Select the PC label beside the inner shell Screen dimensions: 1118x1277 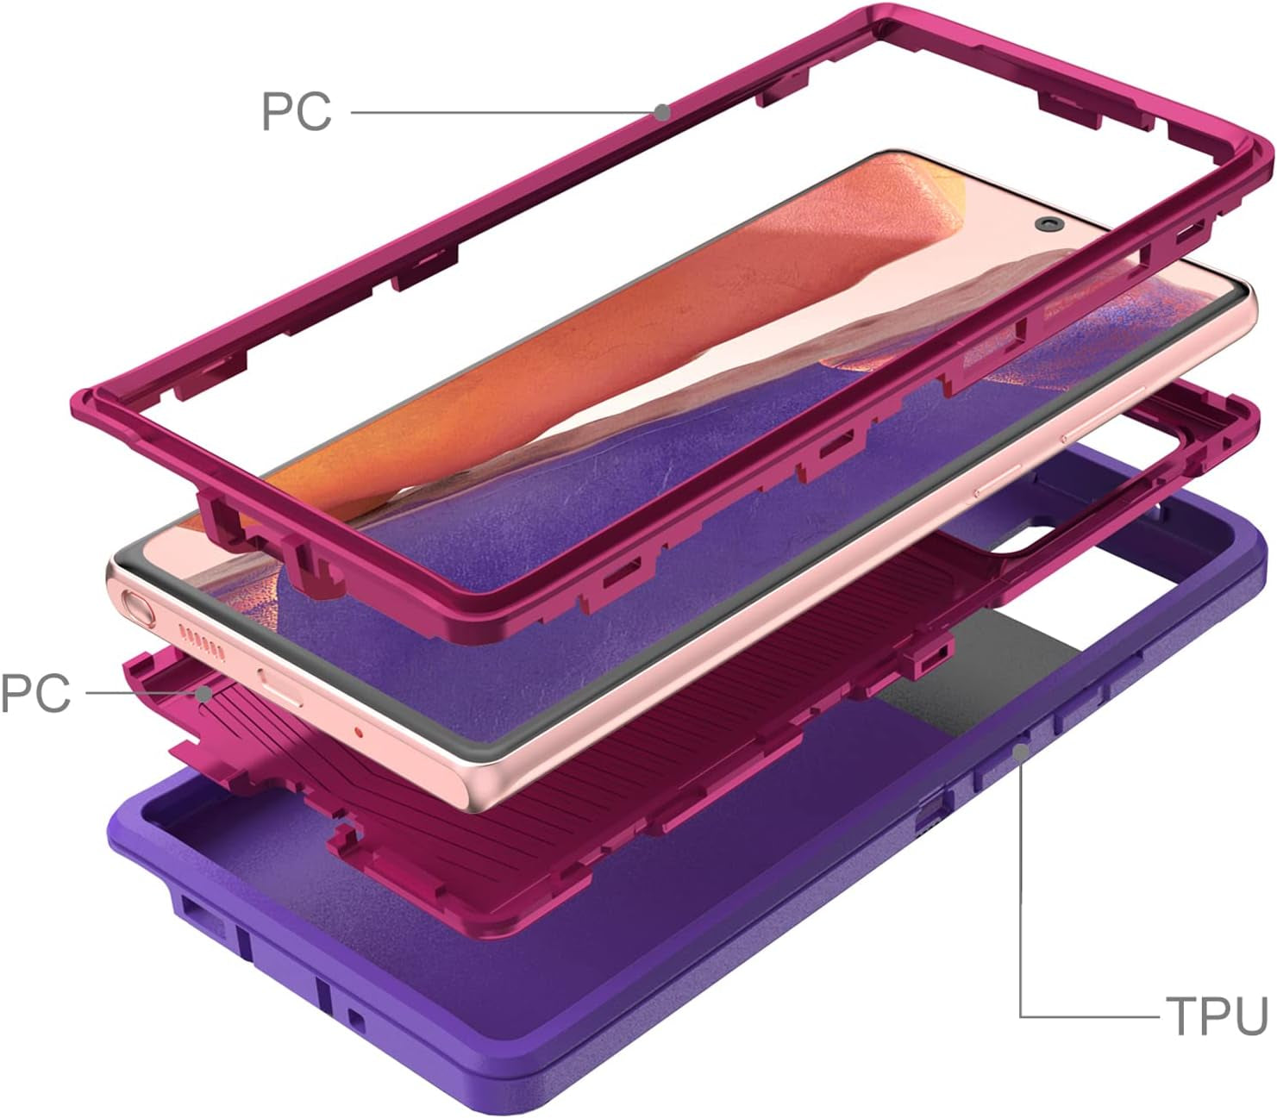[34, 693]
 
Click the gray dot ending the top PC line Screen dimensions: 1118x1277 [661, 112]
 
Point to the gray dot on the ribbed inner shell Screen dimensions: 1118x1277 [203, 693]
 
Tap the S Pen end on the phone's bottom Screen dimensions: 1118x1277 [140, 609]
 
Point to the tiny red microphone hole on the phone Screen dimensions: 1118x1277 [360, 732]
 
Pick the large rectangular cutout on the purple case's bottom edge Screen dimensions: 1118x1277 [207, 922]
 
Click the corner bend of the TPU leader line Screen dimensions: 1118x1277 [1022, 1016]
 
